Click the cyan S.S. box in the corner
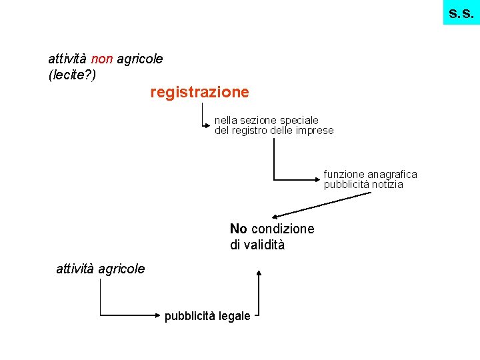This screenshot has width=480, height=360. (461, 12)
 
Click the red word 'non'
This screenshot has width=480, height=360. (103, 59)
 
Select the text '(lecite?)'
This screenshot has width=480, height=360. (73, 75)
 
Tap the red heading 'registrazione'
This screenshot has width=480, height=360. (199, 92)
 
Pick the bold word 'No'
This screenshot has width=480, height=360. (239, 229)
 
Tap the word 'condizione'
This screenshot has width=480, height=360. (283, 229)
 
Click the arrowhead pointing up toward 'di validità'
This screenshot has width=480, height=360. (259, 273)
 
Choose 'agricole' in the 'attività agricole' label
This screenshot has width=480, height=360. (121, 269)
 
